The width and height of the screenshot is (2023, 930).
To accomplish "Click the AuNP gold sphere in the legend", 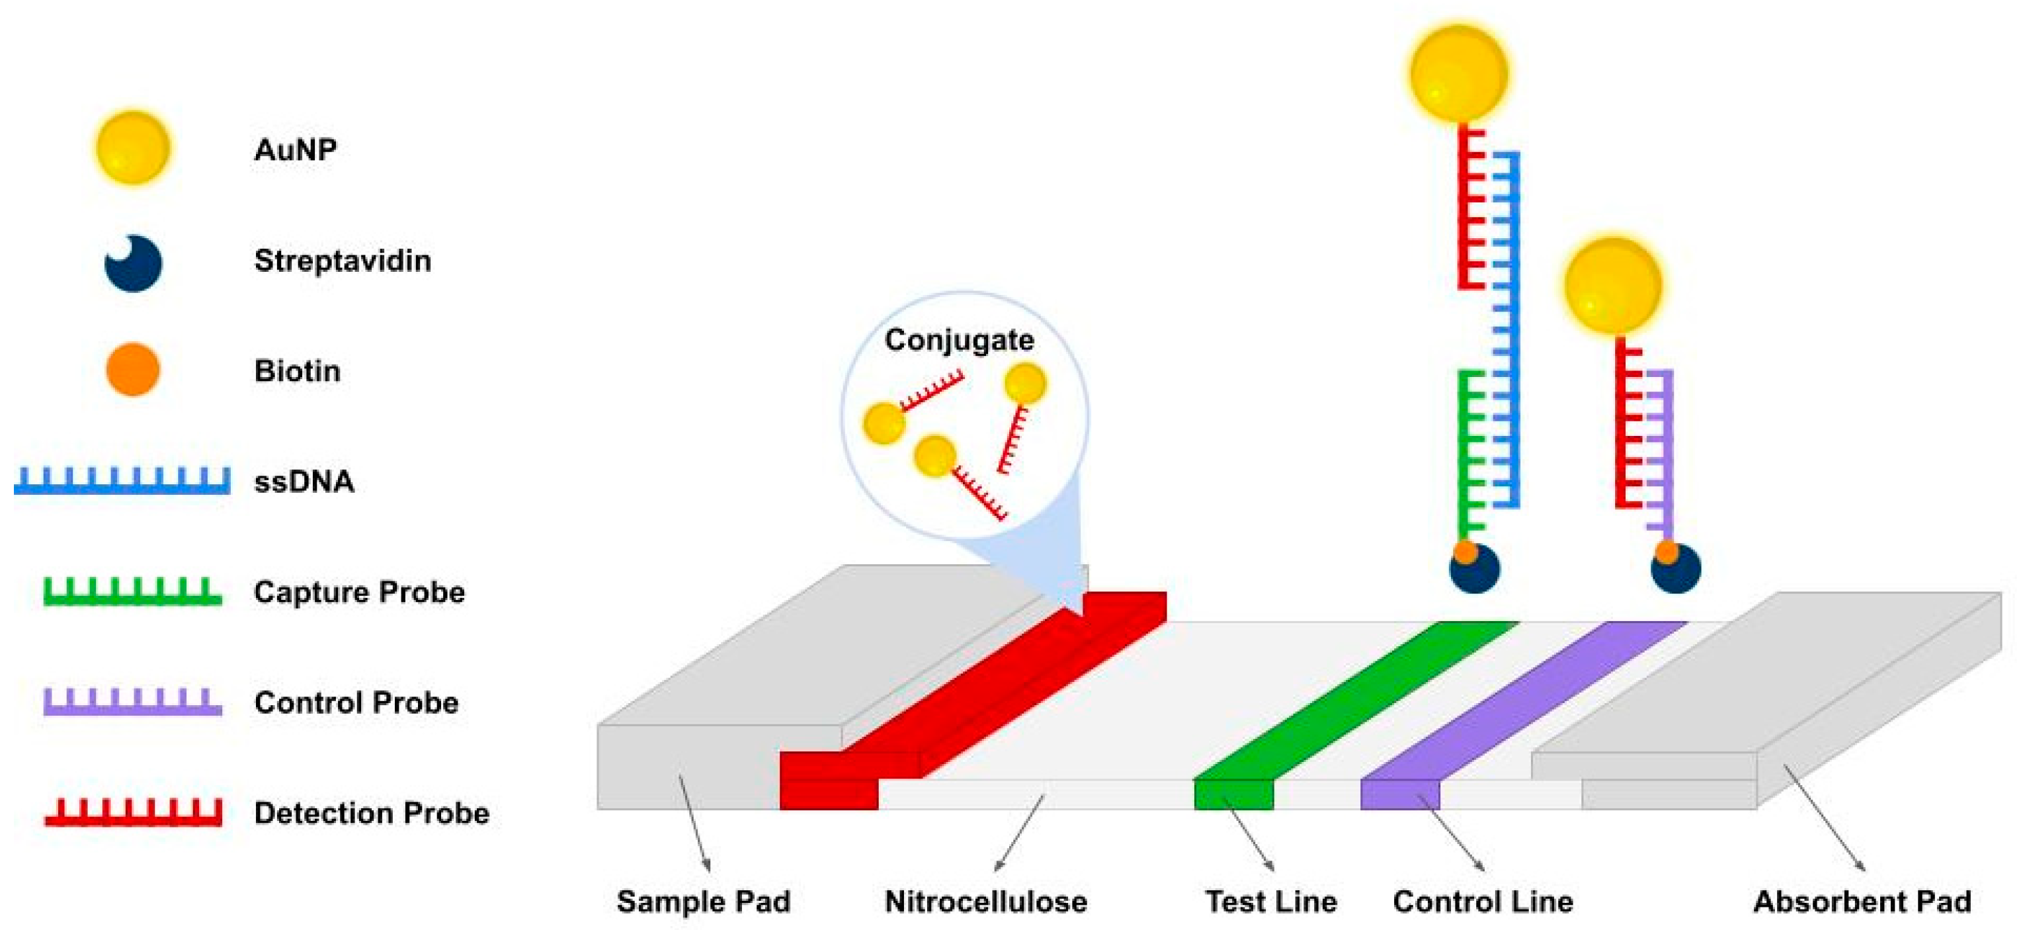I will click(x=133, y=148).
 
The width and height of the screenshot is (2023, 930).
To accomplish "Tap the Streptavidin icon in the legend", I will click(x=133, y=263).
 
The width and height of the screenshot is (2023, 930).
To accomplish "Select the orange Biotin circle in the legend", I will click(x=133, y=369).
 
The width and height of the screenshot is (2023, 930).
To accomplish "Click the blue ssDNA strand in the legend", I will click(x=122, y=482).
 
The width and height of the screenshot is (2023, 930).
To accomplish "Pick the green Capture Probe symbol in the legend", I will click(x=132, y=593).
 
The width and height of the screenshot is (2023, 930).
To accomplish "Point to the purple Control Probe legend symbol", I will click(x=132, y=703).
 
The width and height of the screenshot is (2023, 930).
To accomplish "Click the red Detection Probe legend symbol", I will click(x=132, y=813).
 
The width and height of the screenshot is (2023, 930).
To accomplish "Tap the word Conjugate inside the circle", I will click(x=959, y=340).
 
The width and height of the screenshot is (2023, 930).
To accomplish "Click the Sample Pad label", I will click(x=703, y=902).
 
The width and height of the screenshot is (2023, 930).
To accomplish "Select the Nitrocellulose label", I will click(x=985, y=902).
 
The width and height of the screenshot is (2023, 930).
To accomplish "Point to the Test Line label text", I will click(x=1270, y=902).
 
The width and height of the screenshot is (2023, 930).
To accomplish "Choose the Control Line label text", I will click(x=1483, y=902).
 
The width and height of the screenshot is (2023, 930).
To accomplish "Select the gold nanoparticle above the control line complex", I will click(x=1612, y=285).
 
